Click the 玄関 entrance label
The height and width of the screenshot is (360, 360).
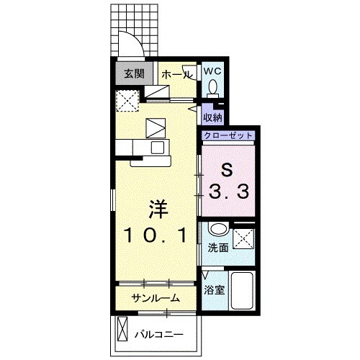coord(134,73)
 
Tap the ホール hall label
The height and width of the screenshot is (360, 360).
coord(177,75)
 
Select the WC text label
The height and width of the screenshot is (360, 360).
coord(212,71)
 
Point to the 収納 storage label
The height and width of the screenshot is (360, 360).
coord(212,117)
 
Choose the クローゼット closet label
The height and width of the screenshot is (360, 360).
coord(228,135)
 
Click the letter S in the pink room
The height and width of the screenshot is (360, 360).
coord(228,170)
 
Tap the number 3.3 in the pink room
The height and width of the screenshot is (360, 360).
coord(228,192)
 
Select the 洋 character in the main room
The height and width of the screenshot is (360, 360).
coord(158,209)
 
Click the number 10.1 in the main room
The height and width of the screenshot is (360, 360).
coord(156,235)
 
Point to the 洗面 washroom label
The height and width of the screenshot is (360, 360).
coord(218,248)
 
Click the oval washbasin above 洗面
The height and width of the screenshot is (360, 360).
coord(218,229)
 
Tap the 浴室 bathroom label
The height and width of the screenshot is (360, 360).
coord(215,289)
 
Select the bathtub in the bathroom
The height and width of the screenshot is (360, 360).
coord(242,290)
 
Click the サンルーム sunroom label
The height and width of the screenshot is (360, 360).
coord(156,298)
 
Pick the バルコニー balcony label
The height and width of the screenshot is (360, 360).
coord(159,334)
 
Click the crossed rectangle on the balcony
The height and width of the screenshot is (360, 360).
coord(122,329)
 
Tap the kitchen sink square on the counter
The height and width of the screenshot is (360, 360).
coord(158,148)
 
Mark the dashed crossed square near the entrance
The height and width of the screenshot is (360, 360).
coord(127,101)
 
